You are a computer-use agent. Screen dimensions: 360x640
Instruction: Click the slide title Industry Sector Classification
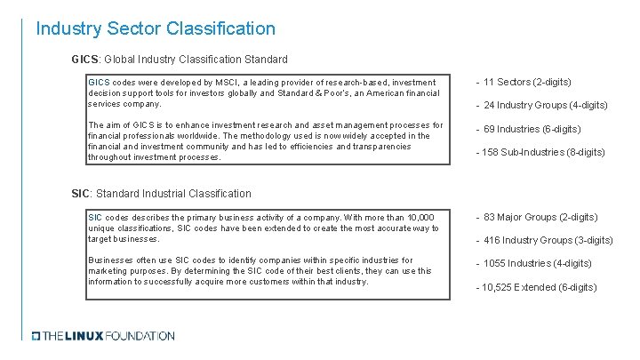[156, 28]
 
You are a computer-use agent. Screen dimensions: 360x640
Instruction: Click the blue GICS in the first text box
[99, 83]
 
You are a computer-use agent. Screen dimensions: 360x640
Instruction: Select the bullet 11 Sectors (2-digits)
[524, 83]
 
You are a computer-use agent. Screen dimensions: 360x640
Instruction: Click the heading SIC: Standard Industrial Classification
[161, 193]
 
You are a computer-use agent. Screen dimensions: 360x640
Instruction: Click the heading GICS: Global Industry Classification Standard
[180, 60]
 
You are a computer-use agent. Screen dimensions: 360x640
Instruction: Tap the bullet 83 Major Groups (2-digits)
[536, 217]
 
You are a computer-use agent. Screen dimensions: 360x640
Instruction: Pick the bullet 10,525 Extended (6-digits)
[537, 287]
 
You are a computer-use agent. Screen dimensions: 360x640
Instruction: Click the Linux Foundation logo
[103, 336]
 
